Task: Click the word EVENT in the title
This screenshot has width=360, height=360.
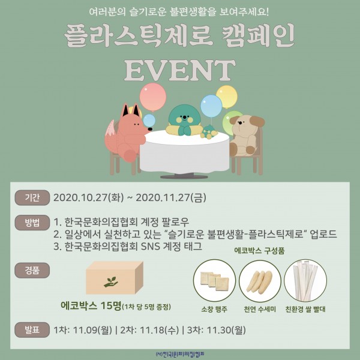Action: coord(180,70)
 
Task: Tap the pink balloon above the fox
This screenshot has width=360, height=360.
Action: coord(153,97)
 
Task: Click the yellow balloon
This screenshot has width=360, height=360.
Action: coord(227,97)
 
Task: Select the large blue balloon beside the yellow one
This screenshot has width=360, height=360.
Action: coord(211,106)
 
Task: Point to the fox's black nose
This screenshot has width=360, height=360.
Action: coord(150,129)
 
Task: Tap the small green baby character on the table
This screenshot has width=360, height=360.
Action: coord(209,132)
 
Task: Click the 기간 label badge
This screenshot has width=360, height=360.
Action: coord(32,197)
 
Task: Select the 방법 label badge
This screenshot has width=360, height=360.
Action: coord(32,223)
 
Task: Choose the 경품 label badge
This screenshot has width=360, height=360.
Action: coord(32,271)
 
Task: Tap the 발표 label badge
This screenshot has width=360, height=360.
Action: coord(32,330)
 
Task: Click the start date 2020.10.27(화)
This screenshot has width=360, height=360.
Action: coord(88,197)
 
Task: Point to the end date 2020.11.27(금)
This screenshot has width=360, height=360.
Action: coord(171,197)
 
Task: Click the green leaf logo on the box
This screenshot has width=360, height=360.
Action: coord(111,282)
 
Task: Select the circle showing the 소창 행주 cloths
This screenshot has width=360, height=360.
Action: coord(214,281)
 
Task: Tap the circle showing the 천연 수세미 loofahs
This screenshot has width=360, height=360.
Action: coord(260,281)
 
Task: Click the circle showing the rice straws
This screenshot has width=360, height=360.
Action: coord(305,281)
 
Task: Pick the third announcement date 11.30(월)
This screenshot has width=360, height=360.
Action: coord(226,330)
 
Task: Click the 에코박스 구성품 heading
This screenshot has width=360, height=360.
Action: coord(259,250)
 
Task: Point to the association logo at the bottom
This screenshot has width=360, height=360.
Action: coord(180,354)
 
